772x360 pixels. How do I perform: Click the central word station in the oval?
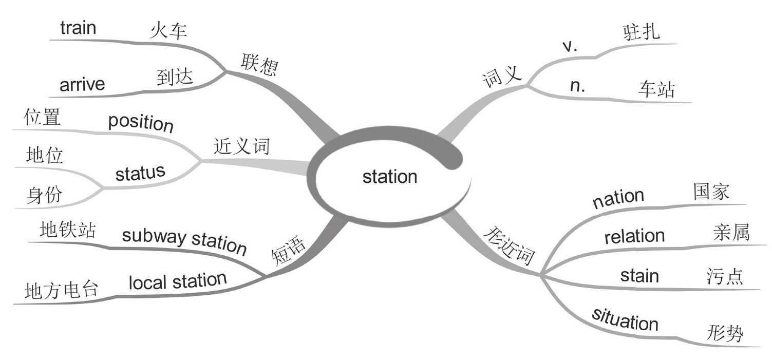point(389,177)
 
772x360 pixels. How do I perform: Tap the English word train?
point(78,28)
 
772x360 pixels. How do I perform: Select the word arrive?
point(82,84)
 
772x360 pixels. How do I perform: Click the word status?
point(140,173)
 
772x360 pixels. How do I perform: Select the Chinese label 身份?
point(44,195)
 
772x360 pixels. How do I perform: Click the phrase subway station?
point(184,240)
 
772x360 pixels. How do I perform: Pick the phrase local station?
point(178,281)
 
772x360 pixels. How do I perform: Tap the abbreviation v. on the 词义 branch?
point(570,46)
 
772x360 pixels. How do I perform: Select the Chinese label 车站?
point(656,89)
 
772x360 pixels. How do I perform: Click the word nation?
point(618,198)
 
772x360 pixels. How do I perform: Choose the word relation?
point(634,237)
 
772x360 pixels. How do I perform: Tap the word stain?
point(639,276)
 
